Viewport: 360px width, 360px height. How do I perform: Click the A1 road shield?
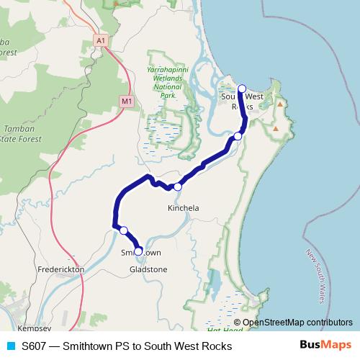tap(102, 41)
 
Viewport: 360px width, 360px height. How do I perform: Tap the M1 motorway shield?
tap(127, 102)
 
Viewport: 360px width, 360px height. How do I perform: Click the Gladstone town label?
tap(148, 269)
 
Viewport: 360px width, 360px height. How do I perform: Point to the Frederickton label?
tap(60, 269)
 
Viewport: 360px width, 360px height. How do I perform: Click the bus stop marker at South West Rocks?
tap(242, 89)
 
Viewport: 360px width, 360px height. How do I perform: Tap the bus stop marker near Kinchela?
tap(177, 187)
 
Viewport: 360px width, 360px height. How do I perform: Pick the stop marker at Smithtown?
tap(138, 251)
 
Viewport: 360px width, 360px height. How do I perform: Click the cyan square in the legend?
tap(10, 346)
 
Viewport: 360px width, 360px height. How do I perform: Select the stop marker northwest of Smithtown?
tap(124, 230)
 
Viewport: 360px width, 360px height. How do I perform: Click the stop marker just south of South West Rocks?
tap(238, 136)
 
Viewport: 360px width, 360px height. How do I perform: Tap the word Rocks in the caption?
tap(216, 346)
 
